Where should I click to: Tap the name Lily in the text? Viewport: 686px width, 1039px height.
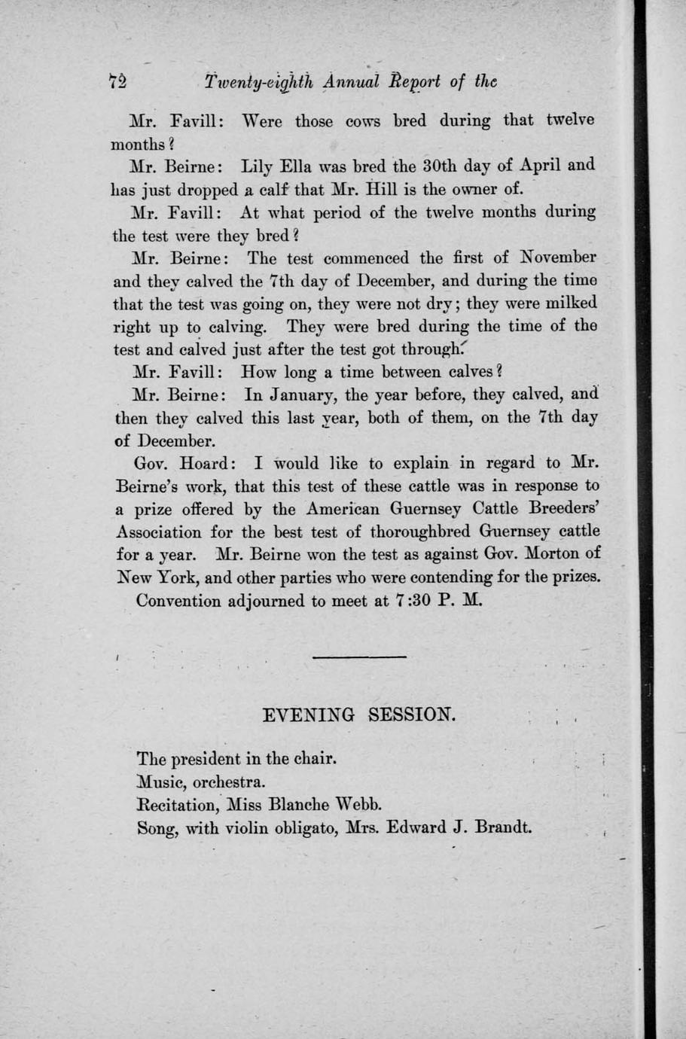click(257, 166)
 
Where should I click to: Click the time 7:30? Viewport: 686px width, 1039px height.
click(417, 601)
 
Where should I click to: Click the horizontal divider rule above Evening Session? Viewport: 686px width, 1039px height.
click(358, 657)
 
